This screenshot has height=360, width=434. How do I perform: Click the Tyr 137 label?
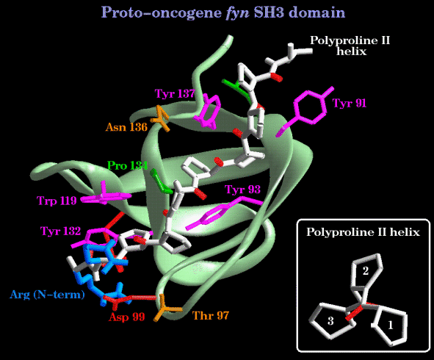click(x=175, y=93)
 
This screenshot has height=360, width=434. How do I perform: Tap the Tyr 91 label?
click(x=350, y=103)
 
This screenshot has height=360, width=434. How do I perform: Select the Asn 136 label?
click(x=126, y=127)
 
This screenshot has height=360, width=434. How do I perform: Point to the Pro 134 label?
click(x=127, y=165)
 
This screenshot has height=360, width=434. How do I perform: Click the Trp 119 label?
click(x=57, y=201)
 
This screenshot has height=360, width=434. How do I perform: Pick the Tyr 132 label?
click(x=61, y=231)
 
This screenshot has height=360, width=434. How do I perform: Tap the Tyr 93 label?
click(x=243, y=190)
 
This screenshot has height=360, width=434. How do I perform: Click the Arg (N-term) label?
click(x=47, y=295)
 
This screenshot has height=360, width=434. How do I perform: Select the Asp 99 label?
click(x=126, y=317)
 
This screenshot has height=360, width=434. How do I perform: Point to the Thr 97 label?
click(x=210, y=315)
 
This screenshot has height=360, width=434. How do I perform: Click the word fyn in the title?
click(x=237, y=12)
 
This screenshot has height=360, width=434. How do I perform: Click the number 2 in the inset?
click(x=366, y=271)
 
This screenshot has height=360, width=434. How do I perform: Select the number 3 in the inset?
click(x=330, y=321)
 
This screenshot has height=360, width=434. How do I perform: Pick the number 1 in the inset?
click(x=391, y=325)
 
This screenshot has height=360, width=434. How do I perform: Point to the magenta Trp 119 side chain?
click(x=104, y=196)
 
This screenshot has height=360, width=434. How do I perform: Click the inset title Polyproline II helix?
click(x=363, y=231)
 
